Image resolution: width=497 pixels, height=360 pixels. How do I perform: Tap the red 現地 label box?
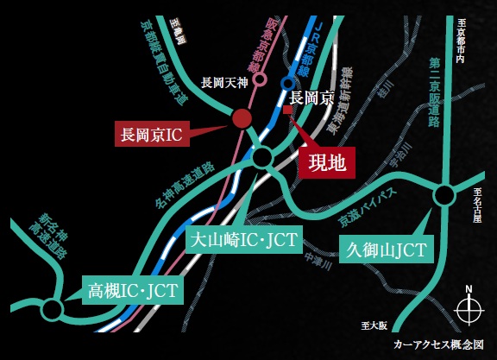tap(326, 163)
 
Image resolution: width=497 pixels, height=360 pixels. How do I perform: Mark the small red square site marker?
tap(289, 111)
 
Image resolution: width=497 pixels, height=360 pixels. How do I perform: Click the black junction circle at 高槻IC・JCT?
tap(53, 308)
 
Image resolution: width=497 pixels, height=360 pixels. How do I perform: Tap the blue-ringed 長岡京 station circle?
tap(287, 83)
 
